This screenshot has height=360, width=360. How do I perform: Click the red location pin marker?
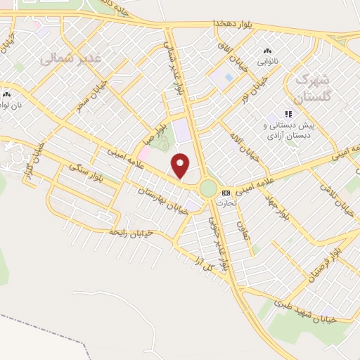(181, 166)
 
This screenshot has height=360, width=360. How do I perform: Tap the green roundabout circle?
(208, 188)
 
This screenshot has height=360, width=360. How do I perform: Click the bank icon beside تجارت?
(226, 192)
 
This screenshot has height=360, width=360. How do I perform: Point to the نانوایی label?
(266, 61)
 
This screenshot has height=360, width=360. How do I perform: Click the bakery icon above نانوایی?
(266, 51)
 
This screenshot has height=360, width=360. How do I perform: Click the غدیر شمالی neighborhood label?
(71, 58)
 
